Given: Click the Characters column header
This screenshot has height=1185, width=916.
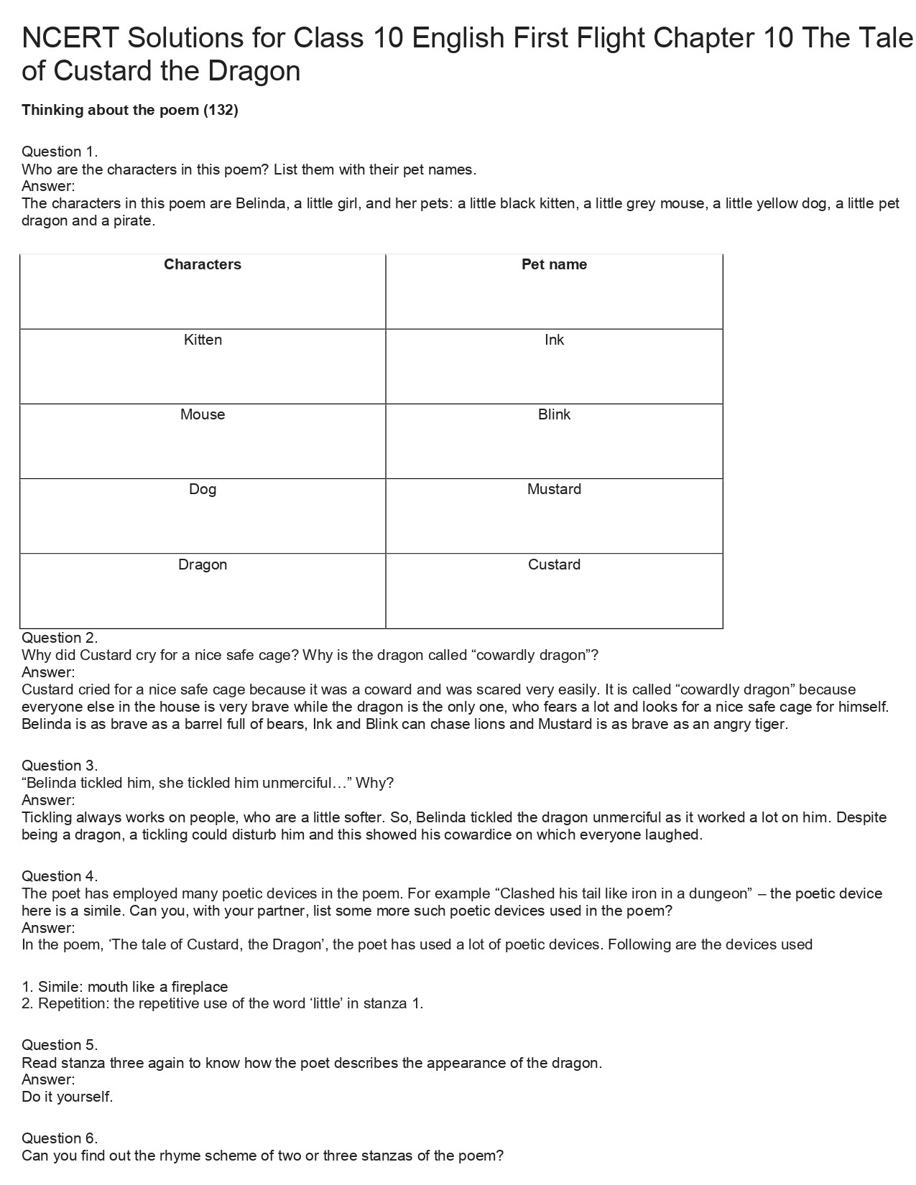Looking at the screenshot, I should [203, 264].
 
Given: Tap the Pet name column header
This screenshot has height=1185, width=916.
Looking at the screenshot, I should [554, 264].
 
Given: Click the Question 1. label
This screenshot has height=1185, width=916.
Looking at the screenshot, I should [60, 152].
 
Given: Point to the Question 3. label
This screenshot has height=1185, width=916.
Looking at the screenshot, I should [60, 766].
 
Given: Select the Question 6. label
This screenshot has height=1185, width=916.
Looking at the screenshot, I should [60, 1138].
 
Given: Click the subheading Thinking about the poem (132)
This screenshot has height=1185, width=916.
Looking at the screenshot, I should [130, 110].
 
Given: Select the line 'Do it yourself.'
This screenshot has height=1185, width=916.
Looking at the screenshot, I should [68, 1097].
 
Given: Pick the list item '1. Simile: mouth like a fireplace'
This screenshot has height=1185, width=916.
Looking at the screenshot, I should [125, 987].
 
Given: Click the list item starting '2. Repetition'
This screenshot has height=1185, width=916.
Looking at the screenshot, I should [223, 1003].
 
